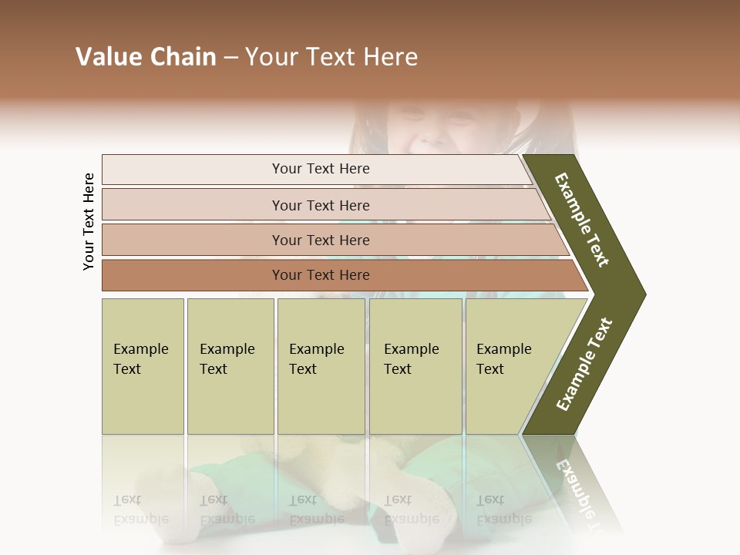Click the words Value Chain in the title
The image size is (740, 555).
click(x=146, y=57)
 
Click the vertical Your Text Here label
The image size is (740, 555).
click(x=89, y=221)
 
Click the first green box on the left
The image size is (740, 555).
click(x=143, y=366)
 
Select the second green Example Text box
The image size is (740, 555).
click(x=230, y=366)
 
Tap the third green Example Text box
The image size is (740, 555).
click(x=321, y=366)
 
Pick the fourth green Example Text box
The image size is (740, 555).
click(x=415, y=366)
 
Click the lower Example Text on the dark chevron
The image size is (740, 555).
click(x=584, y=365)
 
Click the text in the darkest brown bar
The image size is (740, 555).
click(x=321, y=275)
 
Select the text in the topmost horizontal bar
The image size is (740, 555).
click(x=321, y=169)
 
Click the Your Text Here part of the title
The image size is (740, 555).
click(x=331, y=57)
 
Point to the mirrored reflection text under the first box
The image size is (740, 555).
click(x=140, y=510)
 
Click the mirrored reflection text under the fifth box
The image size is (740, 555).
click(x=503, y=510)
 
